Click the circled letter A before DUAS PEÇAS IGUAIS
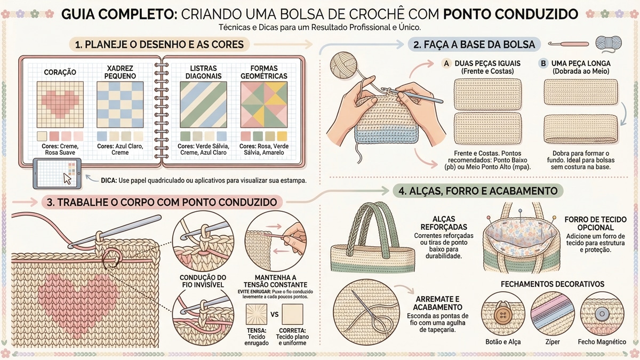[446, 63]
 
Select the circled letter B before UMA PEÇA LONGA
[543, 63]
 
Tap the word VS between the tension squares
[275, 314]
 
